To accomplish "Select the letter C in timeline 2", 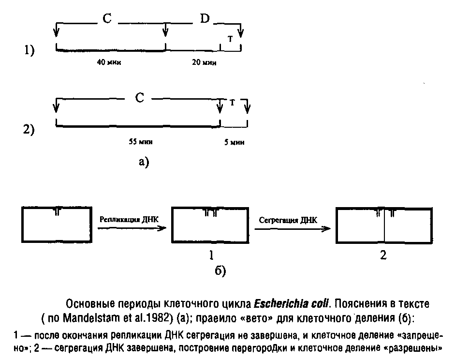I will [139, 98].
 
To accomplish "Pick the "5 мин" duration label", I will [235, 142].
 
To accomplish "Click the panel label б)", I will [220, 271].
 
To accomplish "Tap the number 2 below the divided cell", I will [383, 255].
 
